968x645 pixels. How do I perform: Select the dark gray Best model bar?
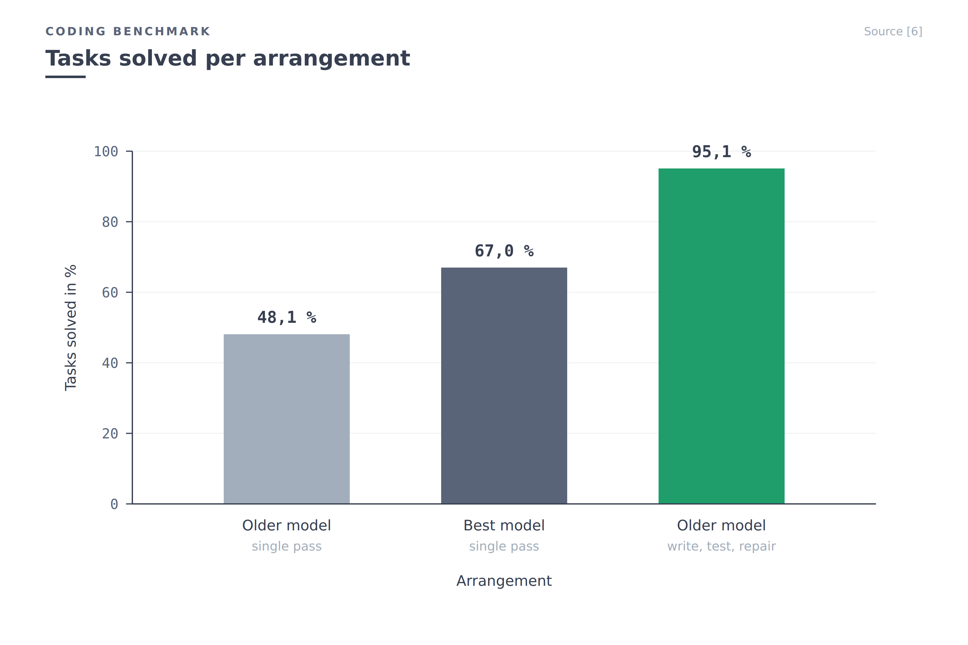click(504, 385)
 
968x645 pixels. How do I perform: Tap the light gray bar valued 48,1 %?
click(286, 419)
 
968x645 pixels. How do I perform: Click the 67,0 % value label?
click(504, 251)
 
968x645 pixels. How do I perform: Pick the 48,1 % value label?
click(286, 317)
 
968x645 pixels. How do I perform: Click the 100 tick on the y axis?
click(106, 151)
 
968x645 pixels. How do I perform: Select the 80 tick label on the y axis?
click(110, 222)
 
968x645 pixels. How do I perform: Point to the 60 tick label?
click(110, 293)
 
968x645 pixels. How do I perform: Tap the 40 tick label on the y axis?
click(110, 363)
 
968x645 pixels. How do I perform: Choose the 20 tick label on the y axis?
click(110, 434)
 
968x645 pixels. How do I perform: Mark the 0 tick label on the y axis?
click(114, 504)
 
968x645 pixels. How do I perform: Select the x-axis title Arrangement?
click(504, 581)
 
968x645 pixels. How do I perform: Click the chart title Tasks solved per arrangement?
click(228, 58)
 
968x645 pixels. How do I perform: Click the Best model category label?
click(504, 525)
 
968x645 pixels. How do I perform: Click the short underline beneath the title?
click(66, 77)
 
